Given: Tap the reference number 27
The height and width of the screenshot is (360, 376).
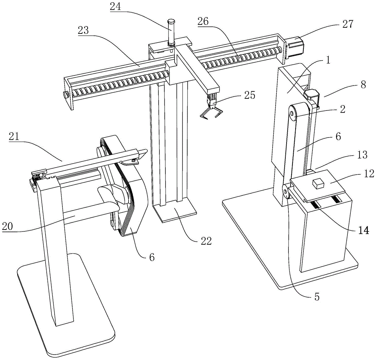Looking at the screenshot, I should (x=348, y=24).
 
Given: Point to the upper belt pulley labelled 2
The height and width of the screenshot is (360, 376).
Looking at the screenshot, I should (x=293, y=112).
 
